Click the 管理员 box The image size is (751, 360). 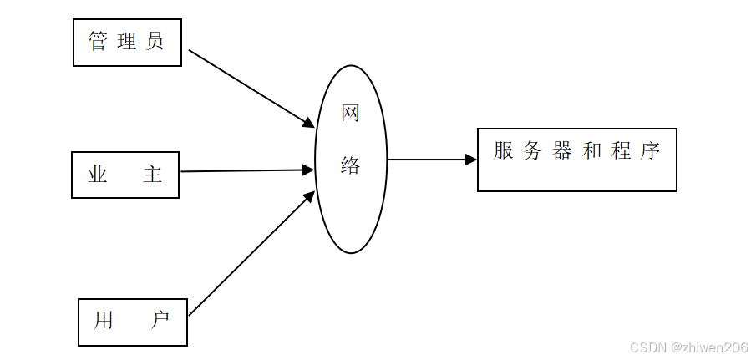(127, 42)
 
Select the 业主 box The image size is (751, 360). (125, 175)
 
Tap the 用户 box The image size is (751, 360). (132, 322)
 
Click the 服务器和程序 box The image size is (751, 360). (576, 160)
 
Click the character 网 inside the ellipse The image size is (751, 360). (350, 113)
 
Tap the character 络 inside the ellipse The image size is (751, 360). (350, 165)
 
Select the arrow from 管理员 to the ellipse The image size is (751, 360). (251, 88)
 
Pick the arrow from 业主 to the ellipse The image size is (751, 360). (246, 171)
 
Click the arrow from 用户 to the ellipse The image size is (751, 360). (251, 254)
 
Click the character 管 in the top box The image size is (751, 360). (99, 42)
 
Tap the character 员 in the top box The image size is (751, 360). (155, 42)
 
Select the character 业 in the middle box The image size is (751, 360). (98, 175)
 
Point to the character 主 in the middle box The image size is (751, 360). (152, 175)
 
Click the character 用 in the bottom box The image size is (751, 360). (104, 321)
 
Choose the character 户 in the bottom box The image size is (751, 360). (160, 321)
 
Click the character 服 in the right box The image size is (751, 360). (503, 151)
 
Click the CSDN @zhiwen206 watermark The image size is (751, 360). (688, 347)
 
